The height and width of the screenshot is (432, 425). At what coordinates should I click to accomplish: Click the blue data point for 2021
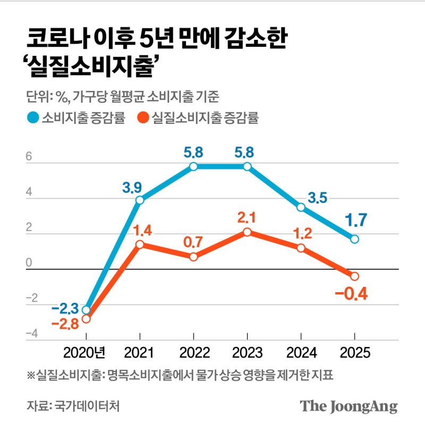pyautogui.click(x=140, y=200)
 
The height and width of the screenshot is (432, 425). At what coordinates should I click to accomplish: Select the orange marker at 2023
pyautogui.click(x=248, y=232)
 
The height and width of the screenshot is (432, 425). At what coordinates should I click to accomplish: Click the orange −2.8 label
pyautogui.click(x=64, y=324)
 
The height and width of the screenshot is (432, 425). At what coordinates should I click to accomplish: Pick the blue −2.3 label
pyautogui.click(x=65, y=308)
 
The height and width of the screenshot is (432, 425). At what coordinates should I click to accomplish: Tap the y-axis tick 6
pyautogui.click(x=30, y=157)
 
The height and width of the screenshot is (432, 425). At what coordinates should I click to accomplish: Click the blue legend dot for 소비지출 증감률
pyautogui.click(x=33, y=118)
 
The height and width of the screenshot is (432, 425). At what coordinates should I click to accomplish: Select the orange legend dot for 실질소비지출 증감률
pyautogui.click(x=143, y=118)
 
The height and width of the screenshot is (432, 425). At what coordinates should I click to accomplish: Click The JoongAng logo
pyautogui.click(x=348, y=406)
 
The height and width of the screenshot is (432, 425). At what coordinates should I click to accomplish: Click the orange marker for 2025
pyautogui.click(x=355, y=276)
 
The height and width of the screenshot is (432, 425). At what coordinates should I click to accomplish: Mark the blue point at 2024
pyautogui.click(x=301, y=207)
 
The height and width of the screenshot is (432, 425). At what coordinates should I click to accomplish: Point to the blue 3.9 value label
pyautogui.click(x=132, y=187)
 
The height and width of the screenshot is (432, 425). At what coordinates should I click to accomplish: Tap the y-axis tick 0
pyautogui.click(x=30, y=263)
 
